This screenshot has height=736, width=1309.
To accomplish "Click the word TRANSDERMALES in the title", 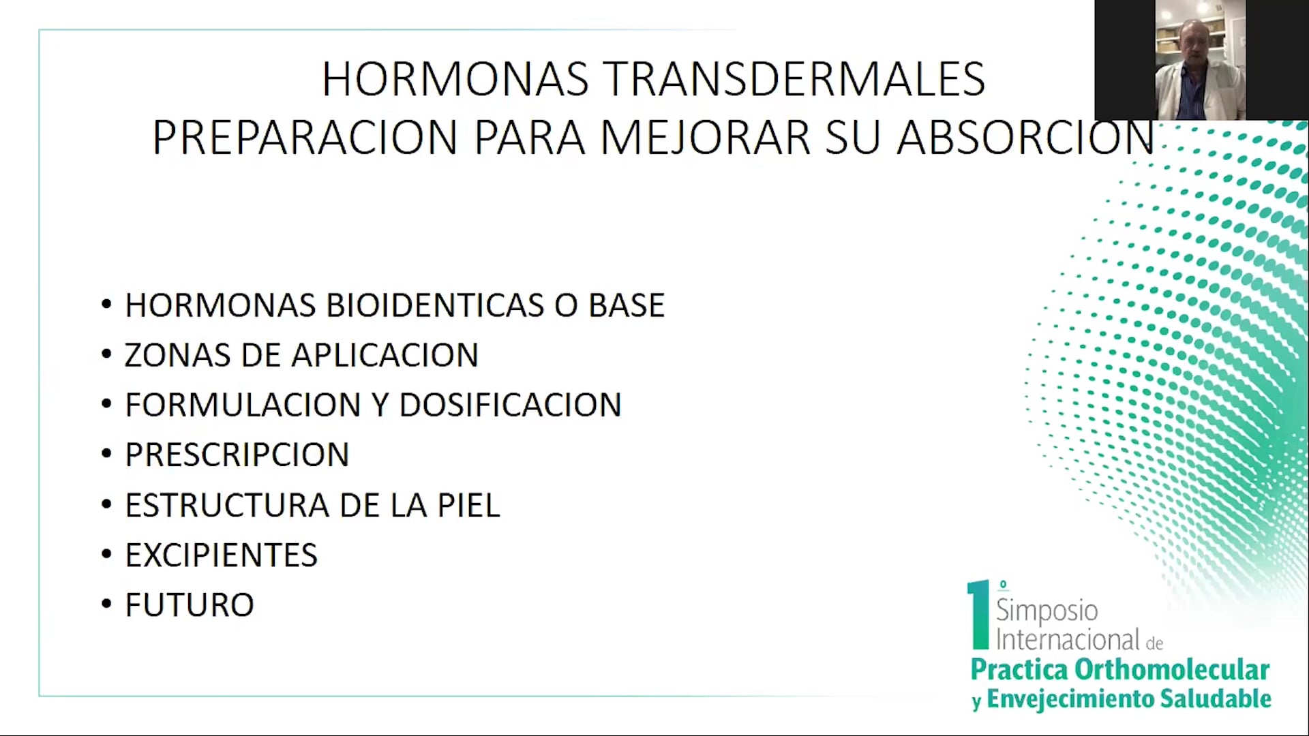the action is pos(794,79).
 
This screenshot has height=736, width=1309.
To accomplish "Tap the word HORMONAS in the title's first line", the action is pos(455,79).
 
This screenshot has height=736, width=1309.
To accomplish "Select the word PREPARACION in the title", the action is pos(305,137).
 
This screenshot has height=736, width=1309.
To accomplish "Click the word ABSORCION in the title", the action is pos(1025,137).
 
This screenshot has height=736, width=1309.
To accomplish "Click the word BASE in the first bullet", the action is pos(627,305).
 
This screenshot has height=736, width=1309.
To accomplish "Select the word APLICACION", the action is pos(385,355).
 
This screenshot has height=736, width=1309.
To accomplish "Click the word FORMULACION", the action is pos(243,405).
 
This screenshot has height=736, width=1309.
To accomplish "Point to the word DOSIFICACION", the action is pos(510,405).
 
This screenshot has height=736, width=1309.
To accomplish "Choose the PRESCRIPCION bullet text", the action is pos(237,455).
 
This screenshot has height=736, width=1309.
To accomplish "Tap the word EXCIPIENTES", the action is pos(222,555).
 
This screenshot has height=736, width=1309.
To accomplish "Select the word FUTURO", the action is pos(190,604).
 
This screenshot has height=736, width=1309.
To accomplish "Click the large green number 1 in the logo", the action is pos(979,615).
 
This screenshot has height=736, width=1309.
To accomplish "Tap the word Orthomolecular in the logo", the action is pos(1172,669).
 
